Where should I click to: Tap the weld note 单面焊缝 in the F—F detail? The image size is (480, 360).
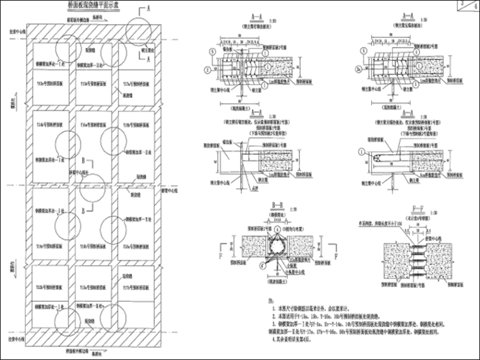(x=373, y=223)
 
